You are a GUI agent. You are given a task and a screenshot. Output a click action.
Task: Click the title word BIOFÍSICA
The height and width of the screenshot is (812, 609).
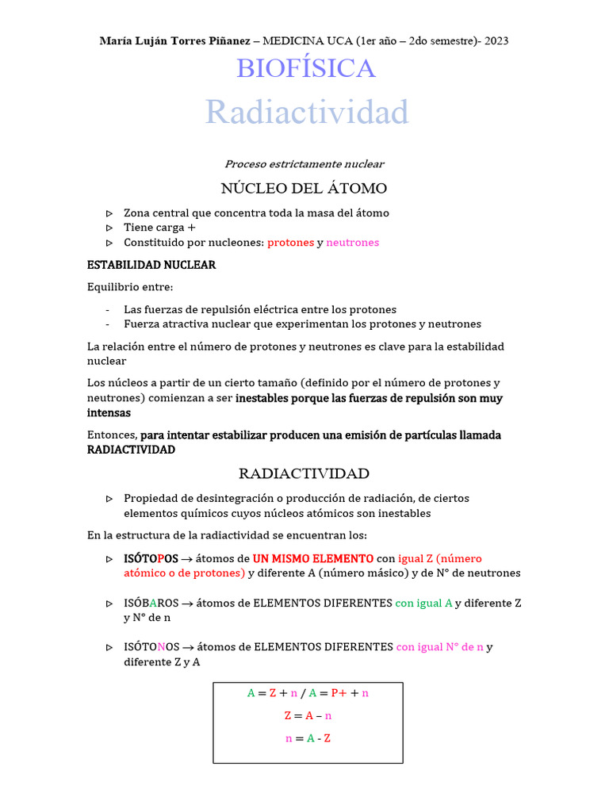point(305,69)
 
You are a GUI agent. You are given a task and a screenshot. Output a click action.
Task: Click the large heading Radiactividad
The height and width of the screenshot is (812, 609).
point(307,112)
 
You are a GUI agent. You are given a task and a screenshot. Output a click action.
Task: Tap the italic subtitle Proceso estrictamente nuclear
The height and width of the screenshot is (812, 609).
point(304,164)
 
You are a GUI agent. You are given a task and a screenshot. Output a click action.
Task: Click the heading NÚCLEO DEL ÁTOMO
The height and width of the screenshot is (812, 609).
point(304,189)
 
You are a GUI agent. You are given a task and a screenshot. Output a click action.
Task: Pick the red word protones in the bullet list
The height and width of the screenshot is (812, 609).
point(290,243)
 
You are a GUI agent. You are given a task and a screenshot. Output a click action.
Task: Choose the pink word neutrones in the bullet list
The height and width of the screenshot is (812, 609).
point(353,243)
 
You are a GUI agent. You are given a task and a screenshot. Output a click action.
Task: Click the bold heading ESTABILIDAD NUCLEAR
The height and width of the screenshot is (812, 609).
point(151,265)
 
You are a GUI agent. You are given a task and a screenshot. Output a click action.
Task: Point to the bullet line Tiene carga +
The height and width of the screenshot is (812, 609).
point(159,228)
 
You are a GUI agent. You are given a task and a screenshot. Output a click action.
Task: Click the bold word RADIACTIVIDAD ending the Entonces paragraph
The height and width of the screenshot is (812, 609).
point(131,450)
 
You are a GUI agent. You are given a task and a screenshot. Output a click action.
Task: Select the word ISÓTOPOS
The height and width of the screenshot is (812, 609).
point(151,558)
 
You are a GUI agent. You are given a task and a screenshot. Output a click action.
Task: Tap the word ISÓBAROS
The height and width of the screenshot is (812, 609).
point(151,603)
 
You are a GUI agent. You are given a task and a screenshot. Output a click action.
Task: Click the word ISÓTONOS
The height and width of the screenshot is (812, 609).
point(151,646)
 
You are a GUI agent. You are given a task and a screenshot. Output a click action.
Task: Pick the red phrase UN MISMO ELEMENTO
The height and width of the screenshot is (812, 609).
point(312,558)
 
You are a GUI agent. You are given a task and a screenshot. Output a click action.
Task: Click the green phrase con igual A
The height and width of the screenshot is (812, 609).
point(423,603)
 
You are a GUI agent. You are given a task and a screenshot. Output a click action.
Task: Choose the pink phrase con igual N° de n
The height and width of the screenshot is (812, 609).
point(439,646)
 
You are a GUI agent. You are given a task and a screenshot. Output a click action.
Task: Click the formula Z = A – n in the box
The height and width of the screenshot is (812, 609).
point(308,715)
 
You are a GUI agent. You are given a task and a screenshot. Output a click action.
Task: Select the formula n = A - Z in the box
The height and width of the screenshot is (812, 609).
point(308,738)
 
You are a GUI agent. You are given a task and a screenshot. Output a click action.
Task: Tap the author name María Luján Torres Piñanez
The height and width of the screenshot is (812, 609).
point(174,40)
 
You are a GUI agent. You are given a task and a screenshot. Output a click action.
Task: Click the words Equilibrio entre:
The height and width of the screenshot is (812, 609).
point(130,287)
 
